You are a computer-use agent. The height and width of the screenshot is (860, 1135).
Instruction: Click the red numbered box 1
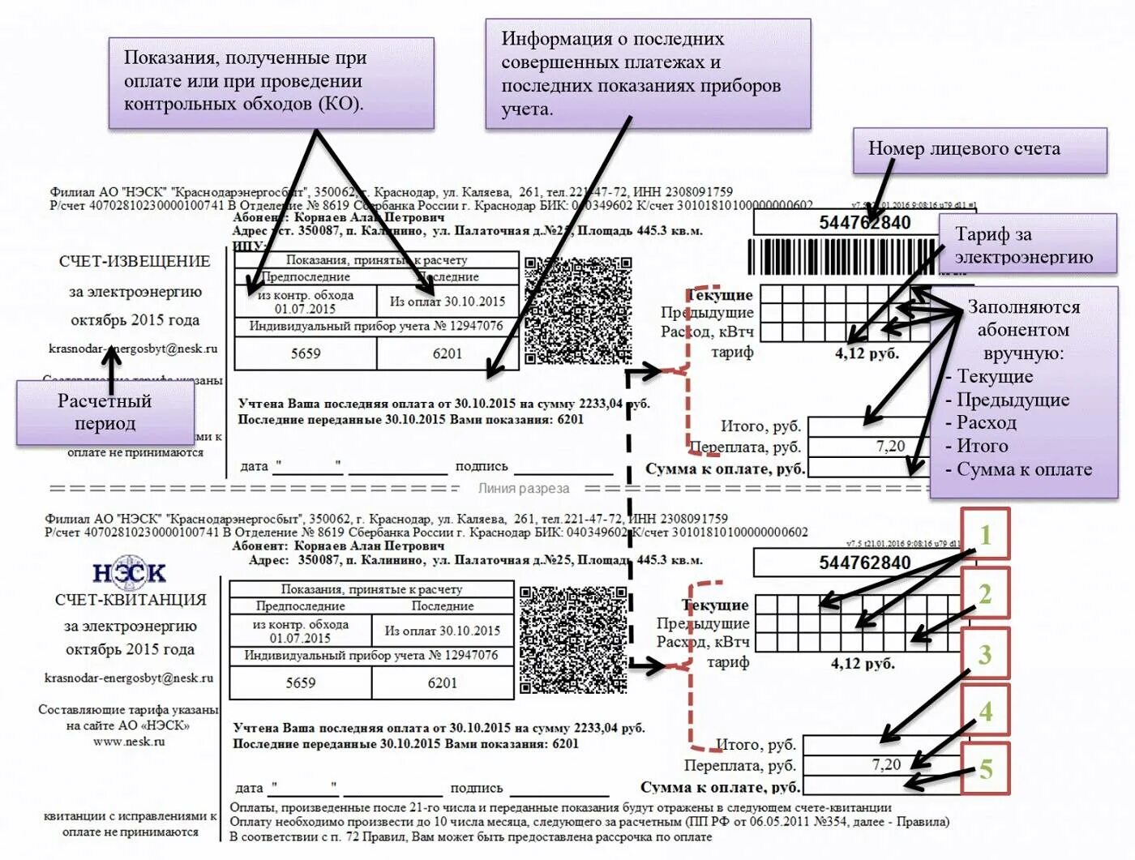985,534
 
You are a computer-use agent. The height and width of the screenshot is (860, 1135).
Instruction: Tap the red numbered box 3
985,653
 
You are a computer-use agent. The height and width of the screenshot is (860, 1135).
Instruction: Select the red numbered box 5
985,768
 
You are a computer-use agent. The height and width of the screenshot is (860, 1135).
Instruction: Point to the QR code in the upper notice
577,310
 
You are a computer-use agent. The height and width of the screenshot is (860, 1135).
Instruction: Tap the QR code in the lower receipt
572,640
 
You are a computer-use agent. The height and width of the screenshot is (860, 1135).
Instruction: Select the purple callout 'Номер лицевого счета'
979,150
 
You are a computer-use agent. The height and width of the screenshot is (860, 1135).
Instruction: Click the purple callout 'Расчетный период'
105,412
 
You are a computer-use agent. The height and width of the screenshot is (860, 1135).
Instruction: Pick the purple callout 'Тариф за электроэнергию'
1026,246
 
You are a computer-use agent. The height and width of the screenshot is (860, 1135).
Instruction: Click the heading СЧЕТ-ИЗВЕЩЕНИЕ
135,262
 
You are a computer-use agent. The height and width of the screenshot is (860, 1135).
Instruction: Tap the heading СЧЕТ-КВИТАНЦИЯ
131,600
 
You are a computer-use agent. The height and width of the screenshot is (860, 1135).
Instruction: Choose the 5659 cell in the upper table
306,353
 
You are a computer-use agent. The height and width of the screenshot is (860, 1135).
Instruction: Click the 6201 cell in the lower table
443,682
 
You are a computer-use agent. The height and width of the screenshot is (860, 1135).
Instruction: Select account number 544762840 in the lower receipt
864,563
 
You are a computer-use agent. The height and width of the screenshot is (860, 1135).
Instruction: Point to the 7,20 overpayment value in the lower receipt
886,764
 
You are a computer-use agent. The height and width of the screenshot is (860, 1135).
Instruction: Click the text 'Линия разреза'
523,489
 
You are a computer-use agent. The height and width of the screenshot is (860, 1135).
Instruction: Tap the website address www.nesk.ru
129,741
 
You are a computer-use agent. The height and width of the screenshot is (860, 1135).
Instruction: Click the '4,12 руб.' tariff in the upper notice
867,353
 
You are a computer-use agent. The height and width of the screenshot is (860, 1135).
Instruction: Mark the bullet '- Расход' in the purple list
981,422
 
